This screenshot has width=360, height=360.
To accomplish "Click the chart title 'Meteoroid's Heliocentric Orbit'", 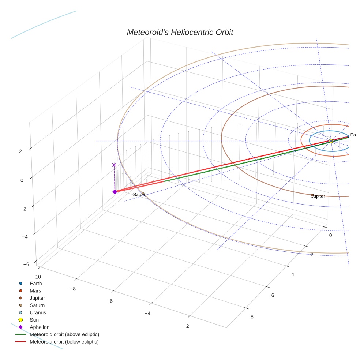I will pos(180,33).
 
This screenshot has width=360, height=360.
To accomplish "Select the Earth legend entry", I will pos(35,284).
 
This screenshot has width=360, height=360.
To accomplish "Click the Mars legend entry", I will pos(35,291).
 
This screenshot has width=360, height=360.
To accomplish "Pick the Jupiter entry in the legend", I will pos(37,298).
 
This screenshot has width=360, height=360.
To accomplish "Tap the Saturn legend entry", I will pos(37,305).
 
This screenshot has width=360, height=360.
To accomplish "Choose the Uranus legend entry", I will pos(38,313).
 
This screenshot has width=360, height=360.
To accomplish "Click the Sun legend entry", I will pos(34,320).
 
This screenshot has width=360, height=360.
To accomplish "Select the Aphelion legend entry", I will pos(39,327).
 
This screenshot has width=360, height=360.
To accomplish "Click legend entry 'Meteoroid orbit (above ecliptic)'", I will pos(64,335).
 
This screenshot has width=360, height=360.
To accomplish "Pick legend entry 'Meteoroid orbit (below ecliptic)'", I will pos(64,342).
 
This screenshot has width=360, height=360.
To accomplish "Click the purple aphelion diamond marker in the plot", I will pos(115,192).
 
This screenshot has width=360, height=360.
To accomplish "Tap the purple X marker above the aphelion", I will pos(114,165).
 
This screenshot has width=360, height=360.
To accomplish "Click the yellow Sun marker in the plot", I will pos(331,141).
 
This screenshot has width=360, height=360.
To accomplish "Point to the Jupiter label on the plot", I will pos(318,196).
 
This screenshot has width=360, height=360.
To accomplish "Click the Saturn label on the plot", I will pos(139,195).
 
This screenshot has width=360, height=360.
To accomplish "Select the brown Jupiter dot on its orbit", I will pos(312,195).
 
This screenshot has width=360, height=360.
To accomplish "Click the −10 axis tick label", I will pos(37,277).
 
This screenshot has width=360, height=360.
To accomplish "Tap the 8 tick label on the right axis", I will pos(252,317).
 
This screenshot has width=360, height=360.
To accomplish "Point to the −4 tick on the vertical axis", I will pos(25,237).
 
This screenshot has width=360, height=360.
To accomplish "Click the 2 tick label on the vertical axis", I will pos(20,151).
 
